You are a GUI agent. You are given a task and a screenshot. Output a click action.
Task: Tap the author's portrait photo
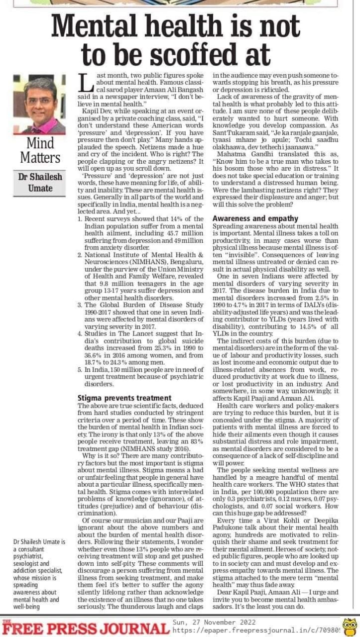(x=39, y=105)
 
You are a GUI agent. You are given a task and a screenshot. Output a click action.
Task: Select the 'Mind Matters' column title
(x=40, y=150)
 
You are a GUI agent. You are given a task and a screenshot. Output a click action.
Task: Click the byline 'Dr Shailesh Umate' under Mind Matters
(x=39, y=183)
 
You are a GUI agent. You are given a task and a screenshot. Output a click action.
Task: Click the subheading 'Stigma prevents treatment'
(x=124, y=398)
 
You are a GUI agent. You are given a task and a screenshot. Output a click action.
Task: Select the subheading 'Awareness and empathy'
(x=255, y=218)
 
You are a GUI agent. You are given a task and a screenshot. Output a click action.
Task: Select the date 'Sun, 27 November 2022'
(x=214, y=622)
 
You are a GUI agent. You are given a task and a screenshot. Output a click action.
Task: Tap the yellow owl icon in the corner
(x=350, y=627)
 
